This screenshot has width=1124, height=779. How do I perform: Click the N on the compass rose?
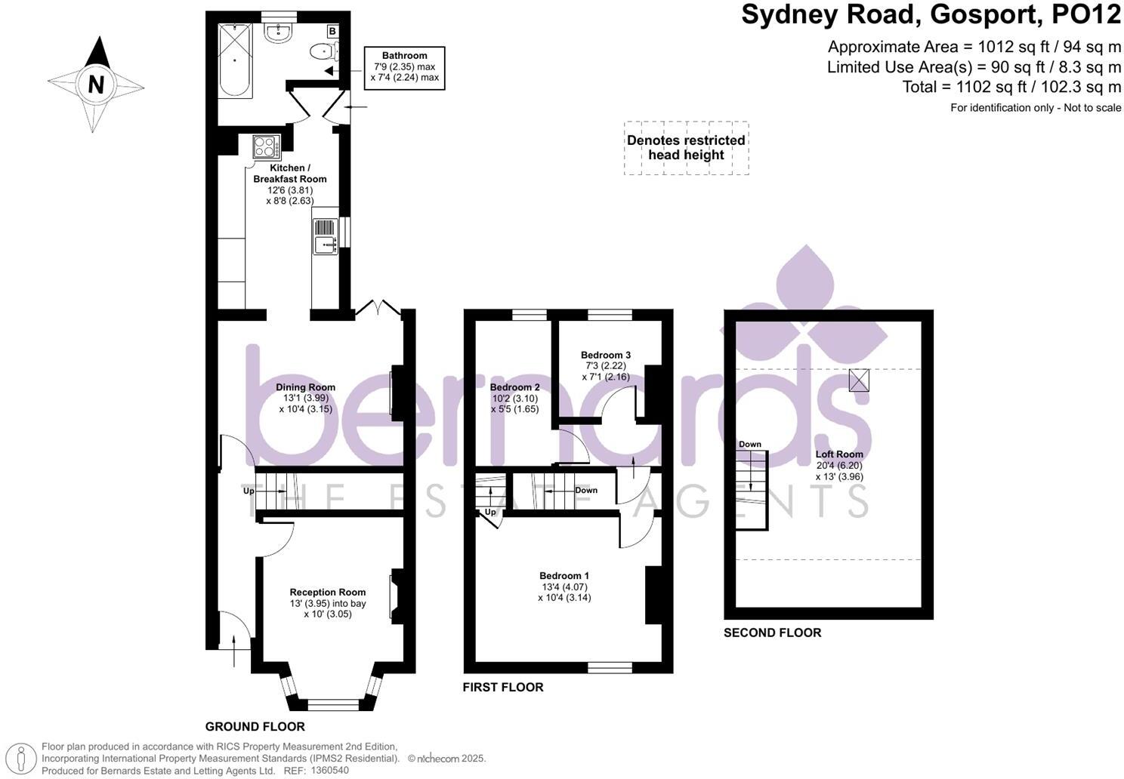tap(96, 84)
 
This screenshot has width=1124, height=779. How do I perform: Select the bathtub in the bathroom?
tap(235, 60)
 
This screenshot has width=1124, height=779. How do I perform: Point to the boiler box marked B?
tap(332, 31)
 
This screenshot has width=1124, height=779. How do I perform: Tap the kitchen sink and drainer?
tap(326, 236)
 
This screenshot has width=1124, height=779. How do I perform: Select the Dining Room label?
tap(305, 387)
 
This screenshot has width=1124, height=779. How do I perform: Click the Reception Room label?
tap(328, 593)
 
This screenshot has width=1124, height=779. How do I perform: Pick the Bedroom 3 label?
tap(605, 355)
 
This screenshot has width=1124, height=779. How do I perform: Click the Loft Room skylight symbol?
tap(858, 380)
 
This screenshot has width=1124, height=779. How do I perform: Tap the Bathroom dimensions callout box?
tap(404, 66)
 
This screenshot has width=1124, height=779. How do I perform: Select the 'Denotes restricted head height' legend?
tap(686, 148)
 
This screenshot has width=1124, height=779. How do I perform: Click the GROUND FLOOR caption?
tap(255, 727)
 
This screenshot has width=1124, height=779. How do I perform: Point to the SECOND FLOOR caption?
tap(772, 633)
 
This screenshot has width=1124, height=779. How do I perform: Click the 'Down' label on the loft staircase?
tap(749, 444)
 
